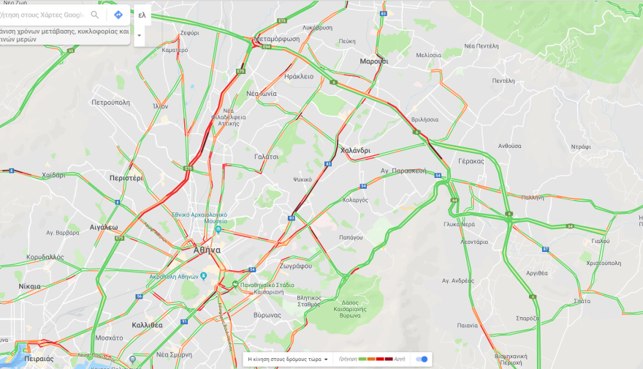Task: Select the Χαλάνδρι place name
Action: coord(355,151)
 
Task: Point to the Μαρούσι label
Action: coord(374,61)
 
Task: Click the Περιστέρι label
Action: coord(126,178)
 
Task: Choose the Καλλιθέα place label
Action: coord(147,324)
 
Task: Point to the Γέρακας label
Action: coord(471,161)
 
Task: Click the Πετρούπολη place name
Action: coord(110,103)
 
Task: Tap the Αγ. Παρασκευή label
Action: coord(403,171)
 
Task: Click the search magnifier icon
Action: coord(95,15)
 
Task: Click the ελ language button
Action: coord(142,15)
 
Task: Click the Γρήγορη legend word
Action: coord(346,359)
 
